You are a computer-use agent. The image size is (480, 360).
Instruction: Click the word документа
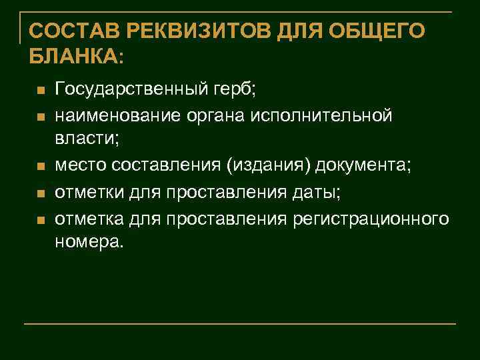coord(365,164)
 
